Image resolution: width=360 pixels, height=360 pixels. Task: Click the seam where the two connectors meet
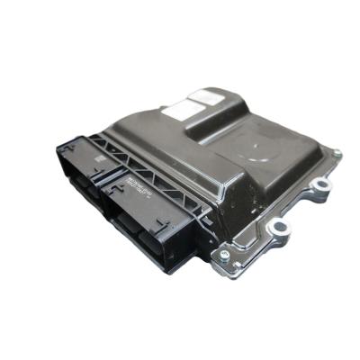106,188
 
